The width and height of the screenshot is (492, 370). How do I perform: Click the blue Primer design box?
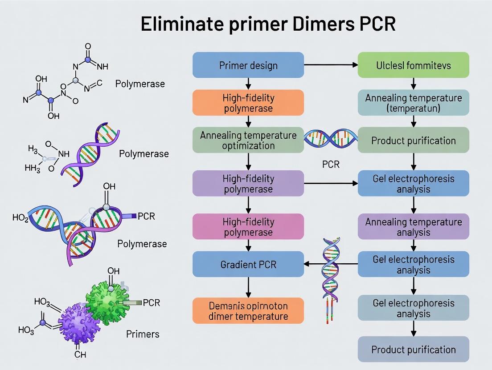[x=248, y=65]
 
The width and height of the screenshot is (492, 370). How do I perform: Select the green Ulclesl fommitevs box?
[x=414, y=65]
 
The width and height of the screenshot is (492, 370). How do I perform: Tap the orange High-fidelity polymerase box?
[x=248, y=103]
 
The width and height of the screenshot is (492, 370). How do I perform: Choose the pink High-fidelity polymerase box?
[x=248, y=227]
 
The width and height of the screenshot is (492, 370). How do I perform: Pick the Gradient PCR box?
[x=248, y=264]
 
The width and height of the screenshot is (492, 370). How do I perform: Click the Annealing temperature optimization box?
[x=248, y=140]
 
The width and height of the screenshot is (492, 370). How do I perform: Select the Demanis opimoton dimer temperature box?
[x=248, y=311]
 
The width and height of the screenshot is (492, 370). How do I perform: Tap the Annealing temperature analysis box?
[x=414, y=227]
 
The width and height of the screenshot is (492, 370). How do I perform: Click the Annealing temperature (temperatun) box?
[x=414, y=103]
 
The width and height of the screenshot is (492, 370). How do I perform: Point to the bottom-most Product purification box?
[x=414, y=349]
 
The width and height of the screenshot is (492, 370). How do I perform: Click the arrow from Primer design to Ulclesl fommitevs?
[x=331, y=65]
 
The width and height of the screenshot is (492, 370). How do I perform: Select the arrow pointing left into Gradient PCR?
[x=312, y=264]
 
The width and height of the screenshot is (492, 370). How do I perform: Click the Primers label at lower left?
[x=143, y=334]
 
